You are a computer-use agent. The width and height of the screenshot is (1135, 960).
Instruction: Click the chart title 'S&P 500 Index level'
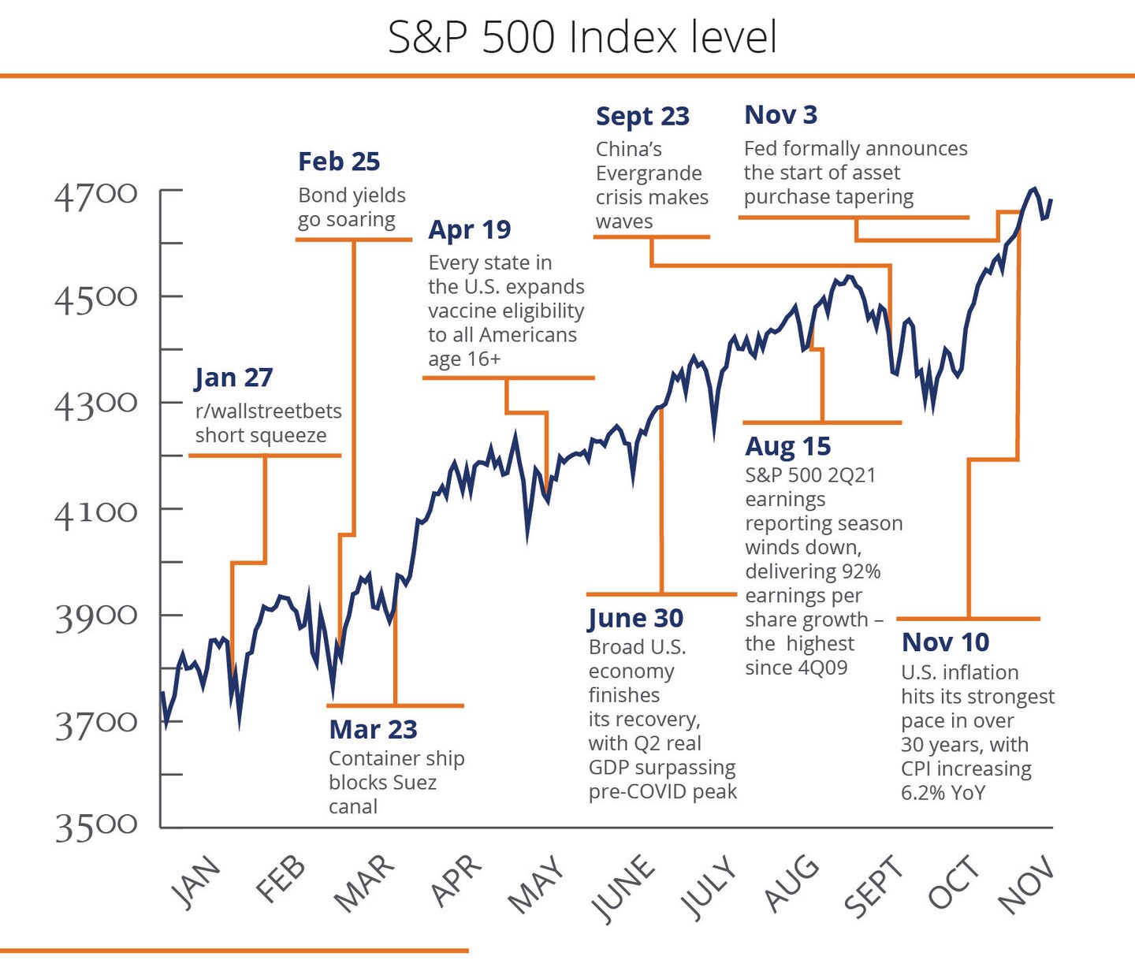coord(582,37)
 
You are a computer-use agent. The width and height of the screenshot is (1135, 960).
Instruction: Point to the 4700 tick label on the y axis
coord(95,194)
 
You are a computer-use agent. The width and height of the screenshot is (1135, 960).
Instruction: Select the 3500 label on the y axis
coord(95,827)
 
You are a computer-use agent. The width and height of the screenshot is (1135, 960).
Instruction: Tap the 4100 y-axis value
coord(95,513)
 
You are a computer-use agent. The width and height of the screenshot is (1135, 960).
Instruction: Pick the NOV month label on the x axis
coord(1025,885)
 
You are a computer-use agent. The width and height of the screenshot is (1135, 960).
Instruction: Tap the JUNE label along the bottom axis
coord(623,887)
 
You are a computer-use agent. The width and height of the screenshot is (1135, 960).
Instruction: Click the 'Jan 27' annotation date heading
coord(233,378)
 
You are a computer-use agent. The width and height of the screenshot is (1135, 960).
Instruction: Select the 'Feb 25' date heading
coord(339,162)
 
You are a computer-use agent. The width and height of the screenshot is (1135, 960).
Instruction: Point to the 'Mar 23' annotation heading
coord(373,730)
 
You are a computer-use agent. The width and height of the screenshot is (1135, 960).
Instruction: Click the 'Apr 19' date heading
coord(469,229)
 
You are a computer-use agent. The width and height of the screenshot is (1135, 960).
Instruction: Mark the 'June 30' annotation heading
coord(635,619)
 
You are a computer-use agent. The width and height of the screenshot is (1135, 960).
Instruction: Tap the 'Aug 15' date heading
coord(787,446)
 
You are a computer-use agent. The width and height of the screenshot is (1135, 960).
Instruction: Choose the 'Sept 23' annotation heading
coord(642,117)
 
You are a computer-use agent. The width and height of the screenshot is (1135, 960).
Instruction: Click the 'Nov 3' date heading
coord(780,115)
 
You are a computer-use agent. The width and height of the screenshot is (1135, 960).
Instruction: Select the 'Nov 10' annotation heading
coord(945,642)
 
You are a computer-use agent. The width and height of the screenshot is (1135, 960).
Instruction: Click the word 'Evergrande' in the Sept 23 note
coord(648,173)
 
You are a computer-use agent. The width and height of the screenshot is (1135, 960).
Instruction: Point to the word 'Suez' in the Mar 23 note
coord(415,783)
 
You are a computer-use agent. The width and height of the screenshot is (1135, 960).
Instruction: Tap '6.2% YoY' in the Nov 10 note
coord(943,793)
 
